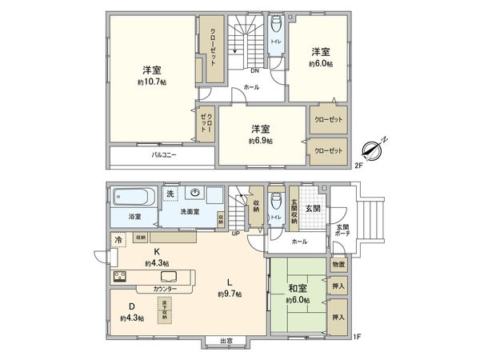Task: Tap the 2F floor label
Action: (359, 166)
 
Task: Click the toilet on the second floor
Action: (276, 23)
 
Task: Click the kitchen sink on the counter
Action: (157, 276)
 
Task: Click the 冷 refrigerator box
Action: (118, 240)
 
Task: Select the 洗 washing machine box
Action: (170, 193)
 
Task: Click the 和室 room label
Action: (298, 288)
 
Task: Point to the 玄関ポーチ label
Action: (342, 232)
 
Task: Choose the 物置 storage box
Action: (338, 265)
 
